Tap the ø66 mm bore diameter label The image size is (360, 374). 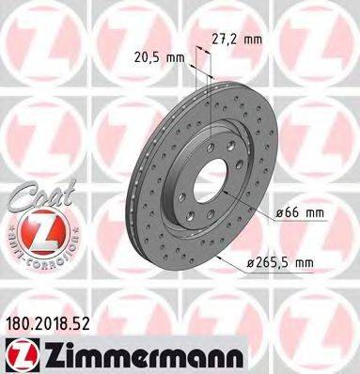pyautogui.click(x=301, y=213)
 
